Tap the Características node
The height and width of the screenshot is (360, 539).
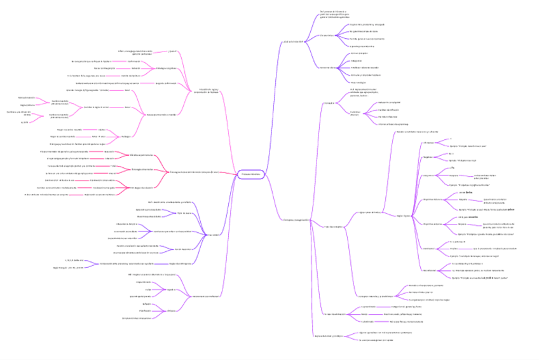pos(327,36)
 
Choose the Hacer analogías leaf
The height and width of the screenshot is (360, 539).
pos(358,82)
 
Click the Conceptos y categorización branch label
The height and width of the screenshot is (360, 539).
pos(295,220)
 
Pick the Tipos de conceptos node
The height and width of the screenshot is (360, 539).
pos(333,226)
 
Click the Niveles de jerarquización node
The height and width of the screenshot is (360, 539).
pos(334,314)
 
